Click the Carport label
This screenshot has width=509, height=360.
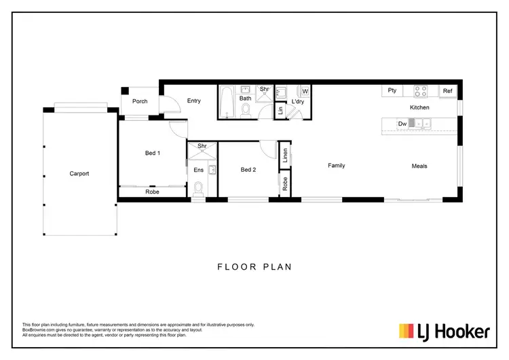point(79,173)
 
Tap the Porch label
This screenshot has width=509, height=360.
point(140,101)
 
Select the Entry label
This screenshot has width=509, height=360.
point(194,101)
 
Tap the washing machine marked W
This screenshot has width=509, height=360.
point(305,91)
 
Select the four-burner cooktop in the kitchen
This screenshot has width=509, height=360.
point(421,91)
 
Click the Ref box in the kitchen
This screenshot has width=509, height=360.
point(448,91)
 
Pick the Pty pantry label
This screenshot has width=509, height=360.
point(392,90)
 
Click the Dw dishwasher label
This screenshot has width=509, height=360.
point(402,124)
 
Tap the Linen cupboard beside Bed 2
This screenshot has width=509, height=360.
point(285,156)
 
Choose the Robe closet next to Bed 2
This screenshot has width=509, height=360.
point(285,184)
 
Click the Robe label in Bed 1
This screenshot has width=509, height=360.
point(153,192)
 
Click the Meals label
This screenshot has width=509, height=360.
point(419,166)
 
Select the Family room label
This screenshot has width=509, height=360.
point(337,166)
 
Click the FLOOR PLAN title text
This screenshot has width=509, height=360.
point(254,267)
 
